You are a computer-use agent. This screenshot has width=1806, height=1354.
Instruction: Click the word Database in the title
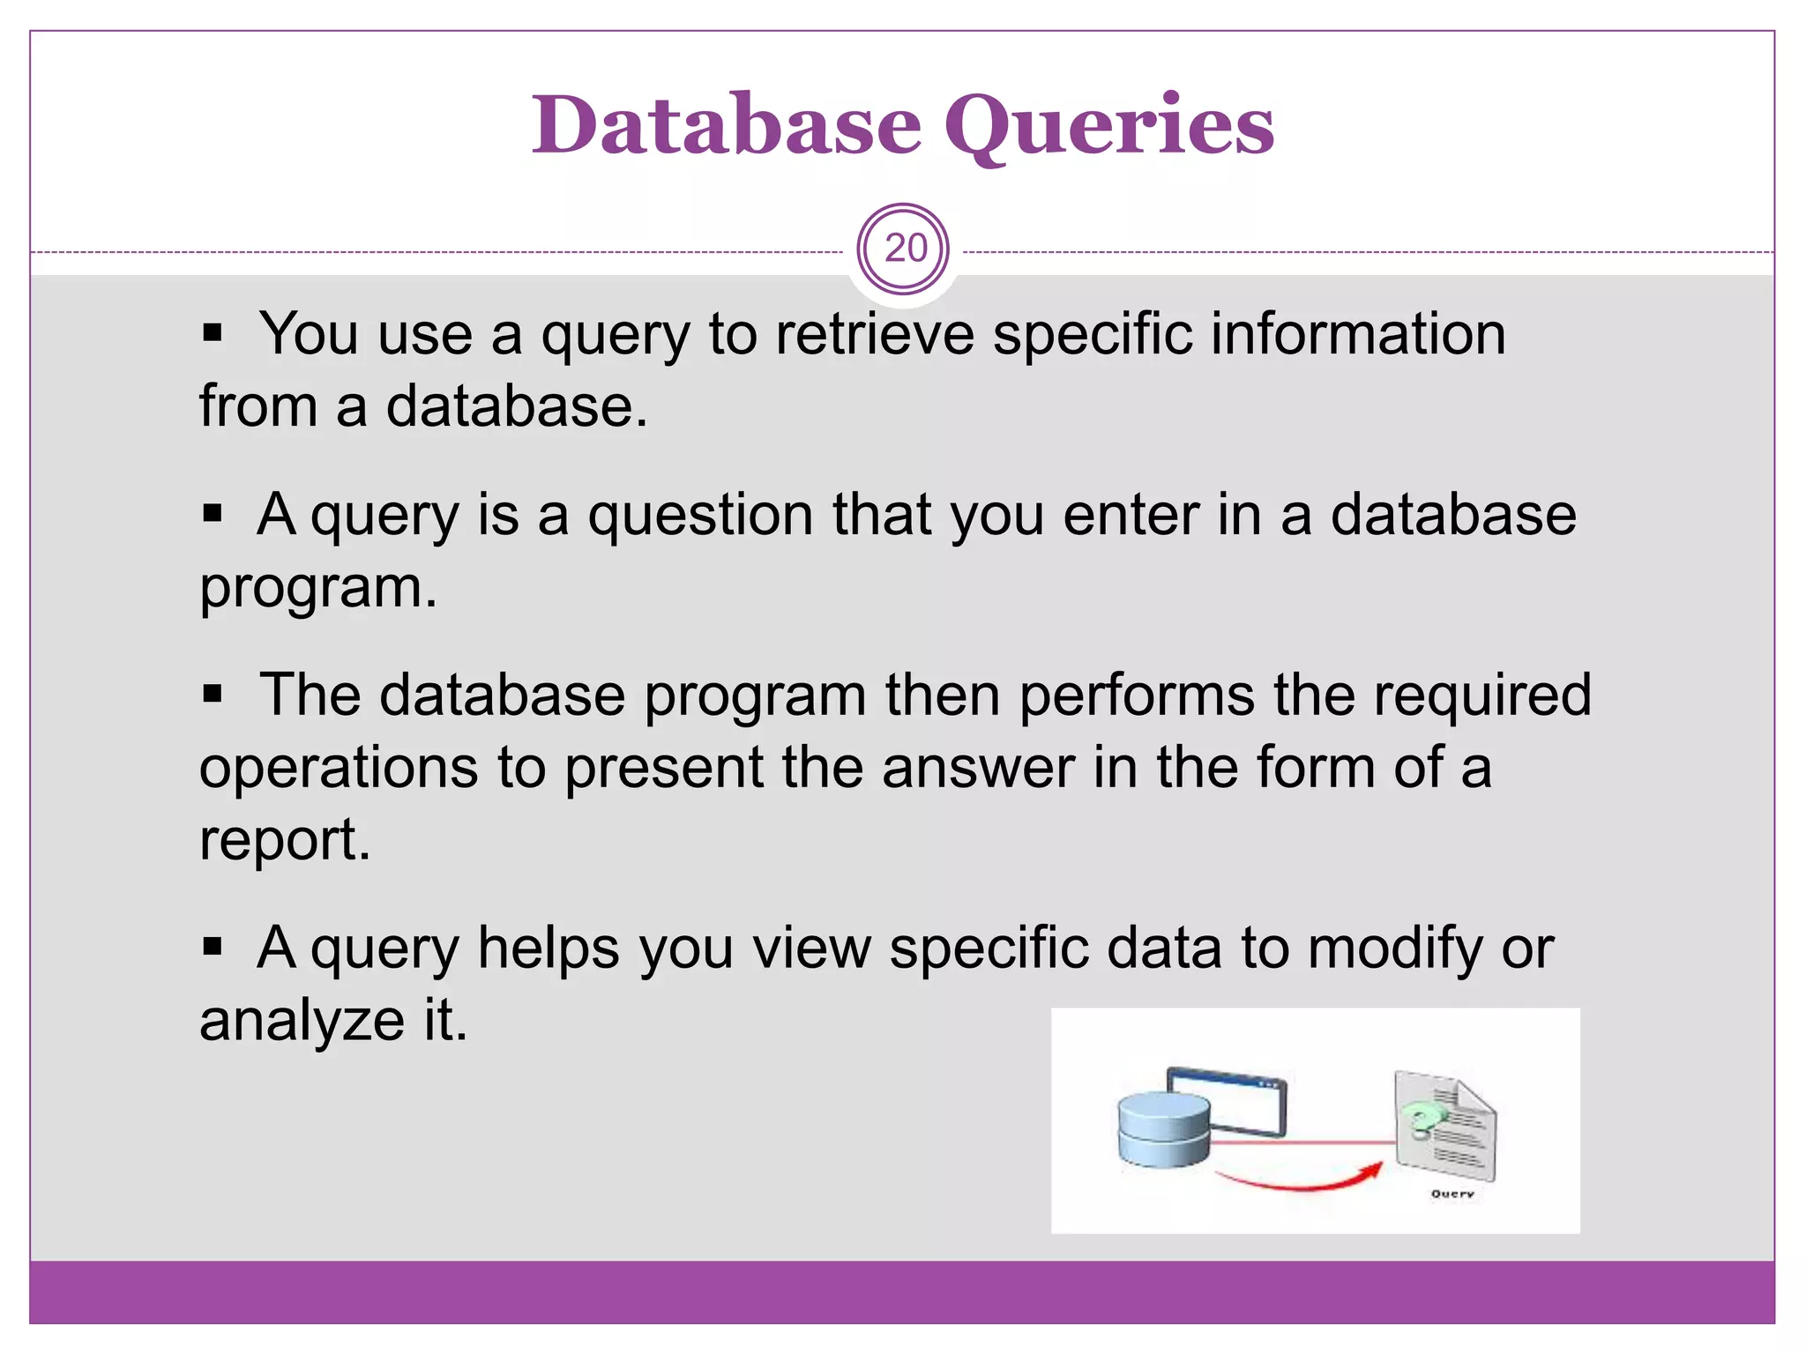(x=726, y=125)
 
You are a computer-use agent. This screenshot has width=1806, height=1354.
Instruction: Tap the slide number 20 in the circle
(x=905, y=249)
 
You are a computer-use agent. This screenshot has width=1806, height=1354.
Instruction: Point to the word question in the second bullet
(x=700, y=516)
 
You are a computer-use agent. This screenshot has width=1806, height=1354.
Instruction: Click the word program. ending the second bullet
(x=317, y=589)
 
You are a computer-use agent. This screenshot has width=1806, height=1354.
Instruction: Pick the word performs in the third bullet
(x=1136, y=696)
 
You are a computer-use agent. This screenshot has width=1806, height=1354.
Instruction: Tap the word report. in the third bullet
(x=284, y=840)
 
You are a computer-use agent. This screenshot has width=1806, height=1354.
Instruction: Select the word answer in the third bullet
(x=978, y=768)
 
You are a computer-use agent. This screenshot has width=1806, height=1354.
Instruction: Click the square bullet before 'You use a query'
(x=212, y=334)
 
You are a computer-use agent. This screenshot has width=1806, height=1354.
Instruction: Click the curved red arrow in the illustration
(x=1296, y=1181)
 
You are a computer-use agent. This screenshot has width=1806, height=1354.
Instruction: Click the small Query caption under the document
(x=1452, y=1194)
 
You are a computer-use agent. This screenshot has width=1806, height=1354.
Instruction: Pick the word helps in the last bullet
(x=549, y=949)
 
